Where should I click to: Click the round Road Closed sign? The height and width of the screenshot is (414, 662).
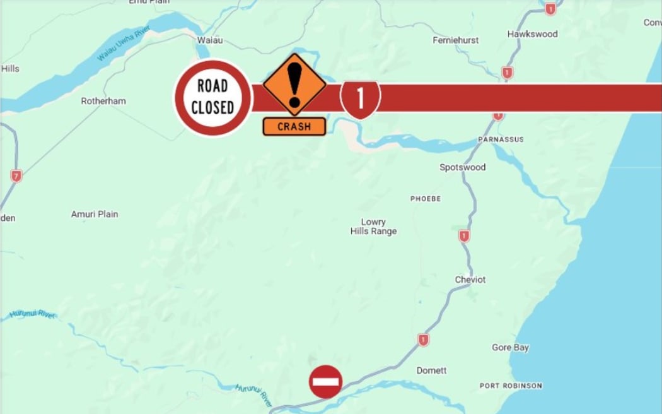[x=212, y=97]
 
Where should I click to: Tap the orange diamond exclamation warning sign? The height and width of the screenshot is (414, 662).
[x=294, y=85]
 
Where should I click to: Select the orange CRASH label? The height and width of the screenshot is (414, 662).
[x=294, y=126]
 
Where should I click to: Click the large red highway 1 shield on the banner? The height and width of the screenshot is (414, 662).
[x=360, y=98]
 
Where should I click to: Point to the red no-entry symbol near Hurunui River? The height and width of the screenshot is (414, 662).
[x=325, y=382]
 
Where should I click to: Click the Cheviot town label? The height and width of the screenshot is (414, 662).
[x=470, y=280]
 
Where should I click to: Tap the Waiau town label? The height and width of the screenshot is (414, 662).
[x=210, y=40]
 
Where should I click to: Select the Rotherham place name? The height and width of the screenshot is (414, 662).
[x=103, y=101]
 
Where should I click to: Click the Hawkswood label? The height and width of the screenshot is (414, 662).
[x=533, y=34]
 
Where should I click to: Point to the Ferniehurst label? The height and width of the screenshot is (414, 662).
[x=455, y=40]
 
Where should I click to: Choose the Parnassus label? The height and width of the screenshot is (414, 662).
[x=501, y=139]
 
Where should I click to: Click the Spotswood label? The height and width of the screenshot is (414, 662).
[x=462, y=167]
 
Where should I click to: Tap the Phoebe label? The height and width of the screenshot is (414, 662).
[x=426, y=199]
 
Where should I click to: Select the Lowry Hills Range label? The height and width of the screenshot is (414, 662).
[x=373, y=227]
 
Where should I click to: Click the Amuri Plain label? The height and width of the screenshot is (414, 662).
[x=95, y=215]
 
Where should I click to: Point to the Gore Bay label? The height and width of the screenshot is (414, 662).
[x=510, y=348]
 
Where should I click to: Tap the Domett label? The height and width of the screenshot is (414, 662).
[x=431, y=370]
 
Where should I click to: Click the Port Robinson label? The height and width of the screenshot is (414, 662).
[x=510, y=386]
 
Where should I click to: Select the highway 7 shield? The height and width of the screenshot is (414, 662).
[x=16, y=176]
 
